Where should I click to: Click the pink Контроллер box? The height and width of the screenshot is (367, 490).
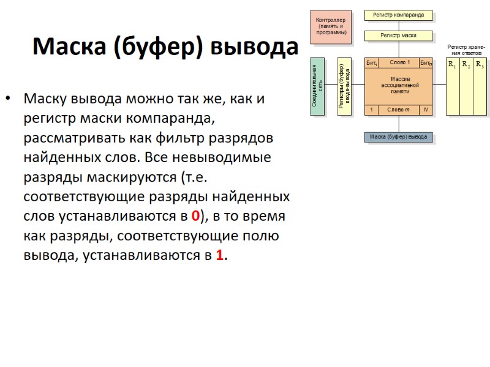(331, 27)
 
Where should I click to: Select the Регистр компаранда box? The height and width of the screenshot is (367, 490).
(398, 15)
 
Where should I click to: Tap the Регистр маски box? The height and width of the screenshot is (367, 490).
(398, 35)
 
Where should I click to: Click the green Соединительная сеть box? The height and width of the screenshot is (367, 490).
(317, 87)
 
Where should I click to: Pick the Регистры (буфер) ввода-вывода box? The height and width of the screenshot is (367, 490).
(344, 87)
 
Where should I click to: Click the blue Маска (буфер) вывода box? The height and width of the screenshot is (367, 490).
(399, 136)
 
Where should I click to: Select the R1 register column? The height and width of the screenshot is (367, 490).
(452, 87)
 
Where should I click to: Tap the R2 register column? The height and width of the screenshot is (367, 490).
(466, 87)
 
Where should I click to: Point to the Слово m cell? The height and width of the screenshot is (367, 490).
(398, 110)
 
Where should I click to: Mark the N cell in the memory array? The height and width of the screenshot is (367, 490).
(425, 110)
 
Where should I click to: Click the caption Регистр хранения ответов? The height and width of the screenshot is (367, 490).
(466, 50)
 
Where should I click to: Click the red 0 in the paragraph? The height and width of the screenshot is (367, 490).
(195, 215)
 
